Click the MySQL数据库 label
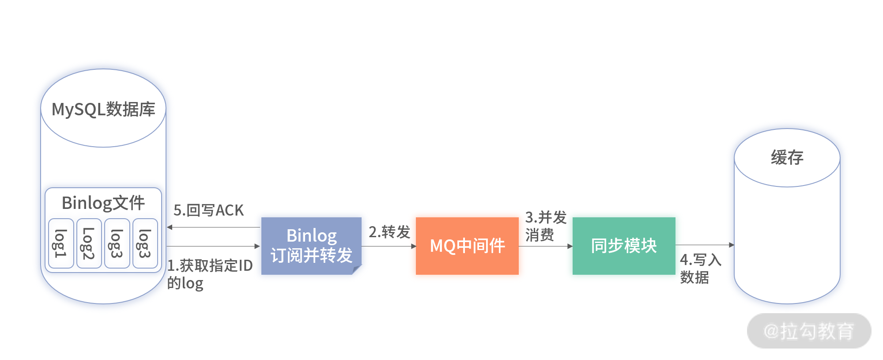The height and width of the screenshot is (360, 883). click(x=103, y=110)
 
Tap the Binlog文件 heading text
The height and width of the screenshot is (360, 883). click(x=103, y=203)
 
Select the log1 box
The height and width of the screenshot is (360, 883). click(x=61, y=243)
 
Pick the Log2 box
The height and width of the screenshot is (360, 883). click(x=89, y=243)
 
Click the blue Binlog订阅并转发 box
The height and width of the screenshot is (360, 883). click(x=311, y=246)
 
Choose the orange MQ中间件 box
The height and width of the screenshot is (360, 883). click(x=467, y=246)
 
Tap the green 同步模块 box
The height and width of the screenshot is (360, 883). click(x=624, y=246)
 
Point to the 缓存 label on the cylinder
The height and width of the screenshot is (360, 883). click(x=787, y=157)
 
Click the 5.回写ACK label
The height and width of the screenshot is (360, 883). click(x=208, y=210)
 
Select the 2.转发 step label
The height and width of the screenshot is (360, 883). click(x=389, y=232)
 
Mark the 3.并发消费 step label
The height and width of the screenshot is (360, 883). click(x=546, y=226)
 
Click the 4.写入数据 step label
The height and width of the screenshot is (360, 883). click(x=701, y=269)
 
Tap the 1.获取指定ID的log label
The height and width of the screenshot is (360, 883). click(x=210, y=274)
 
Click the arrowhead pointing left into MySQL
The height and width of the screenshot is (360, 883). click(x=170, y=227)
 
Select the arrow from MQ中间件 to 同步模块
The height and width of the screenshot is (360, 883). click(x=546, y=246)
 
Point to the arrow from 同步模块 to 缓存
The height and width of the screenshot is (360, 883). click(x=705, y=245)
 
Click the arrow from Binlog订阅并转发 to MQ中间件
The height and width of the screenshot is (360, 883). click(x=389, y=246)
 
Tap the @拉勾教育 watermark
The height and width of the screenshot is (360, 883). click(x=809, y=331)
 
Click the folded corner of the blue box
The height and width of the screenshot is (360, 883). click(x=357, y=269)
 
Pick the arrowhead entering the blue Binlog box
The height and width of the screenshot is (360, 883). click(x=258, y=246)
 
